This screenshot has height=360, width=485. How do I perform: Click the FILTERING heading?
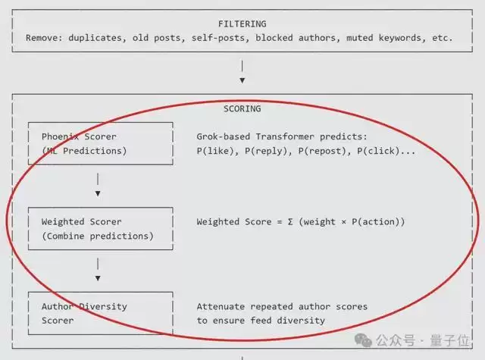[242, 24]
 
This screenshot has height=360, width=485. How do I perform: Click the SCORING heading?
[242, 108]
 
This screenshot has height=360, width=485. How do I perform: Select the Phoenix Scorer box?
[100, 143]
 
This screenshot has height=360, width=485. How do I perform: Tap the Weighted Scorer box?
[100, 229]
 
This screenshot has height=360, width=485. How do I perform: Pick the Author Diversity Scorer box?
[100, 313]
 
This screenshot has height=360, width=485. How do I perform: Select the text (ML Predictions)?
[84, 151]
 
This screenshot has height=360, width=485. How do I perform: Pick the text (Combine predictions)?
[97, 236]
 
